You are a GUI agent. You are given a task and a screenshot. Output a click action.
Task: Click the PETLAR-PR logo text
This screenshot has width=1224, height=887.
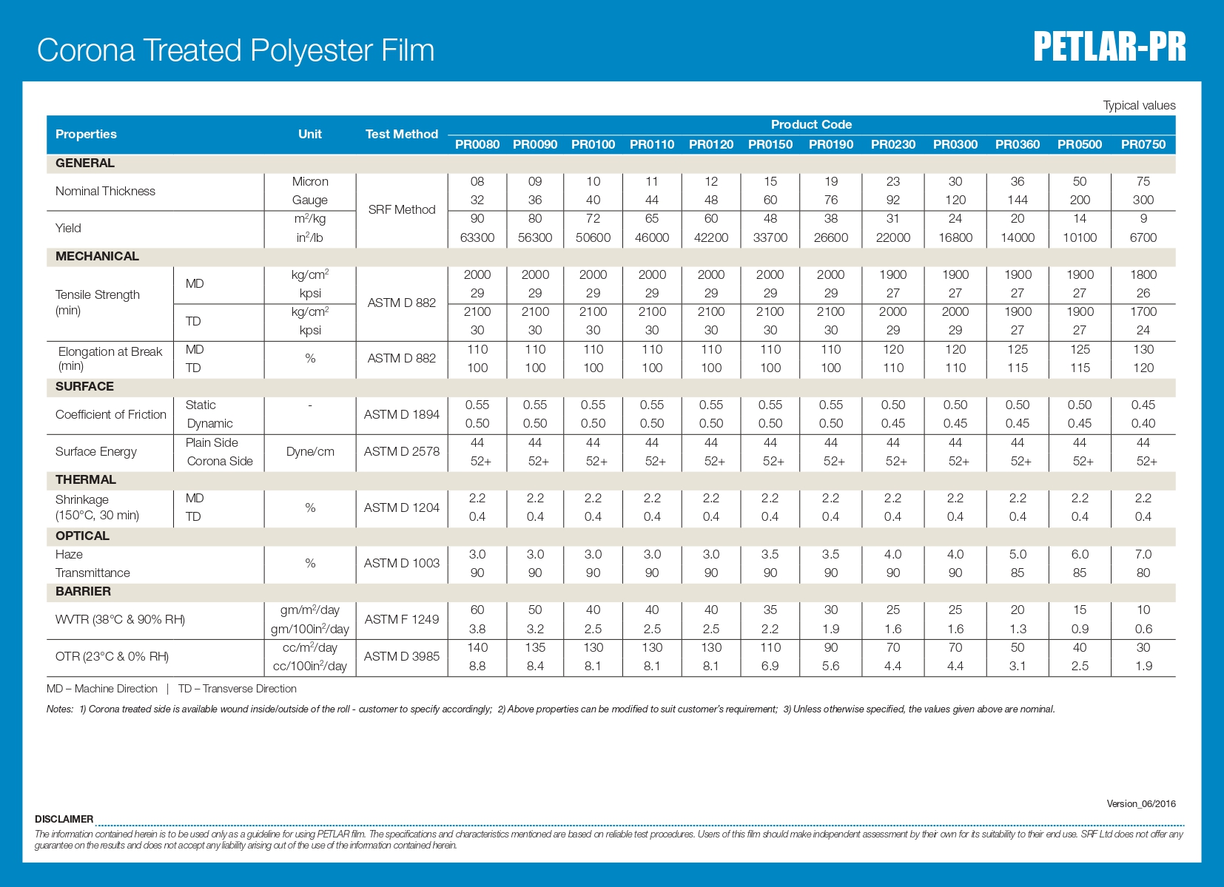(x=1109, y=47)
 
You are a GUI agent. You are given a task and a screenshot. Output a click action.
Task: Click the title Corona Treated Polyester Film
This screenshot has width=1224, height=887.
(x=235, y=50)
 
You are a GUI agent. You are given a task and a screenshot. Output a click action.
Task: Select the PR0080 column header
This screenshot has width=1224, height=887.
(x=477, y=144)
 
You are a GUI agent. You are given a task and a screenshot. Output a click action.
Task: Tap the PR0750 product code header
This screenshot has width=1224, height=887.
(x=1143, y=144)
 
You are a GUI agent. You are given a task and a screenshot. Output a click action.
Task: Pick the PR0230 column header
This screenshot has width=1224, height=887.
(x=892, y=144)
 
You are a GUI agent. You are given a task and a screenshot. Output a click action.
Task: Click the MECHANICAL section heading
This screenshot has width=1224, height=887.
(x=97, y=256)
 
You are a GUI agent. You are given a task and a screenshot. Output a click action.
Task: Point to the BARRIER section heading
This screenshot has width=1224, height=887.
(x=83, y=591)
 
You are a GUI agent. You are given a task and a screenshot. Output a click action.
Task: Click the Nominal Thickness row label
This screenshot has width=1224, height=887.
(x=105, y=191)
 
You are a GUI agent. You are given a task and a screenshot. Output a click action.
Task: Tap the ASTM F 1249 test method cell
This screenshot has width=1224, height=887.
(x=402, y=619)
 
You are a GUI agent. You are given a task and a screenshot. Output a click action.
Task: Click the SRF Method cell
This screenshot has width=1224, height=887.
(x=402, y=209)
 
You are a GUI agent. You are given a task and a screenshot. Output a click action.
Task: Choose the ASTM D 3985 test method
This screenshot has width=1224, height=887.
(x=402, y=656)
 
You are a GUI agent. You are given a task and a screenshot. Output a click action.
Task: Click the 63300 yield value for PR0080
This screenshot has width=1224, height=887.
(x=477, y=237)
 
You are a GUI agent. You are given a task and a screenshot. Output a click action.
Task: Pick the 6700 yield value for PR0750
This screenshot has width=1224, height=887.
(x=1143, y=237)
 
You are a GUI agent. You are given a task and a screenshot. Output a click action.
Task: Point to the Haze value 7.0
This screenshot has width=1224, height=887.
(x=1143, y=554)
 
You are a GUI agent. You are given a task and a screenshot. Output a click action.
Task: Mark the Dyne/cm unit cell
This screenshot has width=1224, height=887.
(x=310, y=451)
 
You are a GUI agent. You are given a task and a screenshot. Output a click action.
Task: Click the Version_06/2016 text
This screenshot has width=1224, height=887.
(x=1140, y=803)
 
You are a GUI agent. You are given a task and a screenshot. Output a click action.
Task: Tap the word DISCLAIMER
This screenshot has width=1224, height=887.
(x=64, y=819)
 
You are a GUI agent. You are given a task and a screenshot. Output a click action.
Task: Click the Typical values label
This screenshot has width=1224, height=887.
(x=1139, y=105)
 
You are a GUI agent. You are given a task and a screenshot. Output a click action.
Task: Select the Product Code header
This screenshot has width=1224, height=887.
(x=811, y=124)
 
